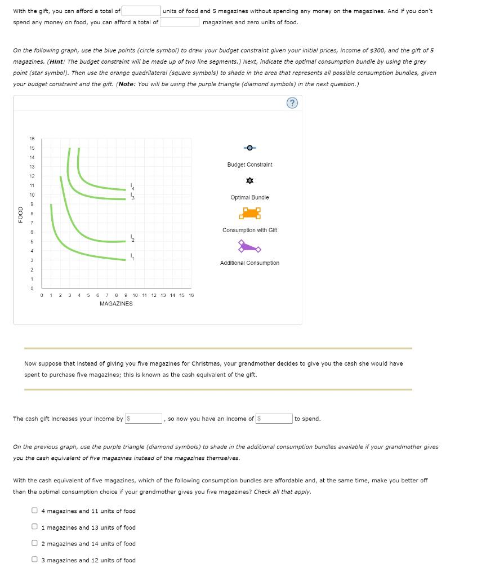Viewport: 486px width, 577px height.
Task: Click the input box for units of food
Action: (x=142, y=11)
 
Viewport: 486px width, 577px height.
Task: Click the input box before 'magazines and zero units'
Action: (x=179, y=22)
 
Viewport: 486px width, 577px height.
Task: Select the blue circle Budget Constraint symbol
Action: (x=249, y=148)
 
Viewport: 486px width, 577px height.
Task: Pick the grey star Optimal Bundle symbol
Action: (x=249, y=181)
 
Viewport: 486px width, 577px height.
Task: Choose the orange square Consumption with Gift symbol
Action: (x=249, y=213)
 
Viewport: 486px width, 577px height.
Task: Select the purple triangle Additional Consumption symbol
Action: (x=249, y=246)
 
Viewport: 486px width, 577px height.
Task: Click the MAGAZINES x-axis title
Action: (x=116, y=304)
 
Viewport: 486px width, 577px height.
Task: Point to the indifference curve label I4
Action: (x=132, y=186)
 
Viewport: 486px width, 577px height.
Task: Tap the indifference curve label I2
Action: (x=132, y=238)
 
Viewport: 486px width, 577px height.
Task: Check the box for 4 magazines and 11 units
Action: (x=35, y=511)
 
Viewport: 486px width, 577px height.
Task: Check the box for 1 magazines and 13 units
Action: (x=35, y=527)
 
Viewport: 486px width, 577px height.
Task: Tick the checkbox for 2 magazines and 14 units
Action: (x=35, y=544)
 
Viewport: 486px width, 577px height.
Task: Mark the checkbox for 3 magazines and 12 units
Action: (x=35, y=560)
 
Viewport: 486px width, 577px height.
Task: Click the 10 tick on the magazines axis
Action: (x=136, y=295)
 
